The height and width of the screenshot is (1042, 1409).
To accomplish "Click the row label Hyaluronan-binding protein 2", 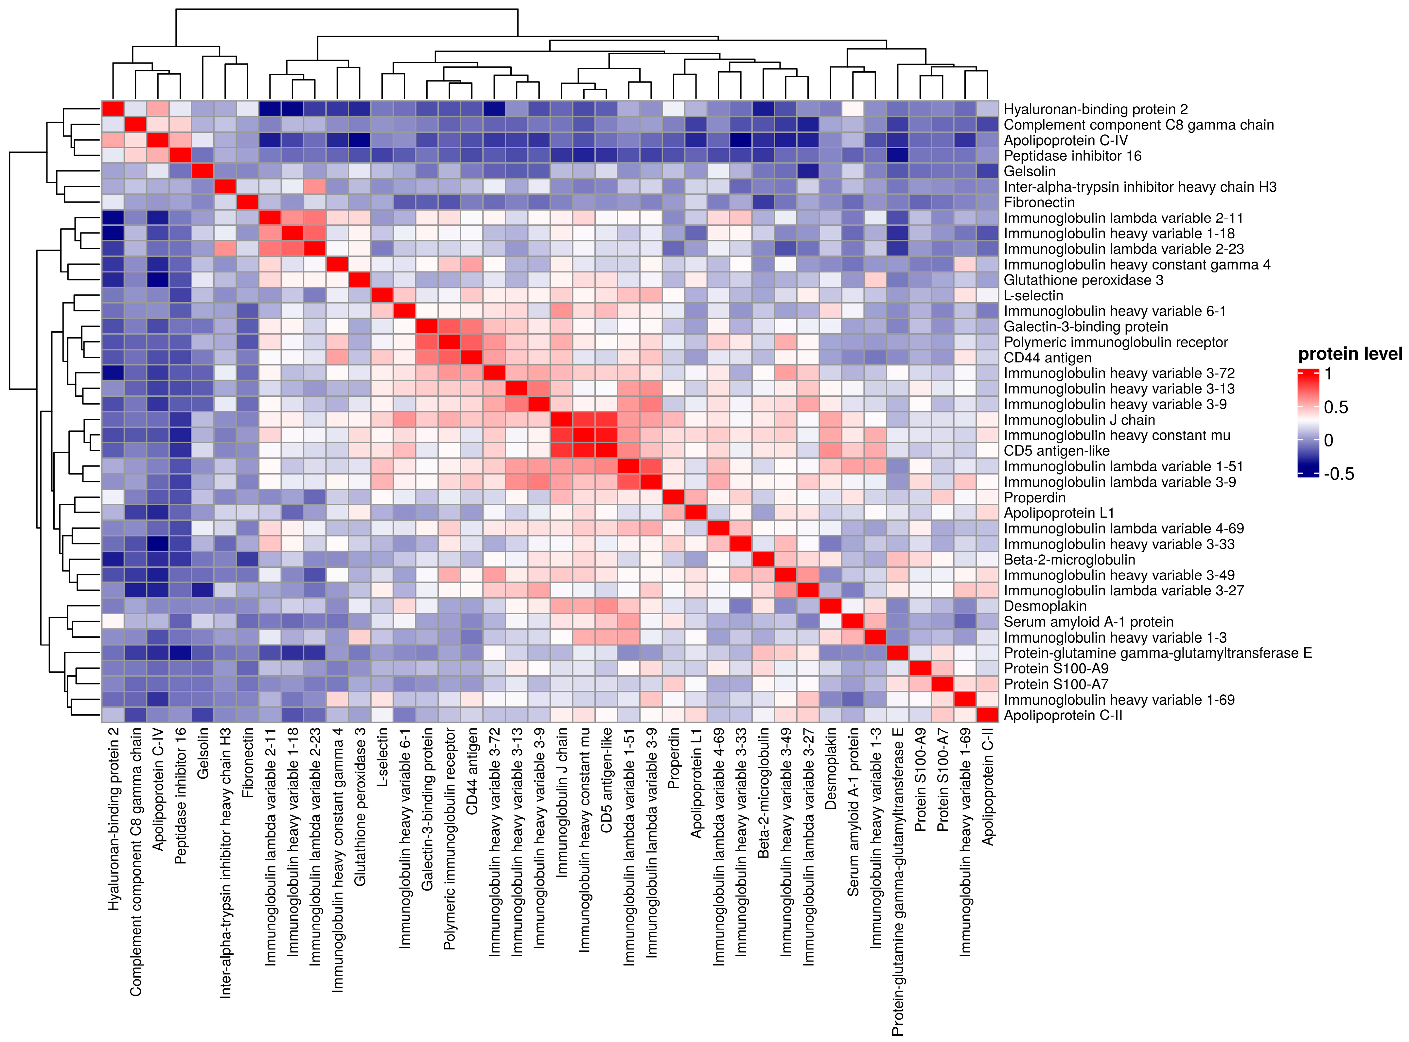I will point(1095,109).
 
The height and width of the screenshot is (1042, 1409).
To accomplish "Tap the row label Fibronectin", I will point(1039,202).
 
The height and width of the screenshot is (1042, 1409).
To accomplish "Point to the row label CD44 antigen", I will point(1048,358).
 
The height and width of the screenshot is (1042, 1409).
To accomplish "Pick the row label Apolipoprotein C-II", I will point(1063,715).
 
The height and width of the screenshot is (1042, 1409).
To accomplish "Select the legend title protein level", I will point(1350,354).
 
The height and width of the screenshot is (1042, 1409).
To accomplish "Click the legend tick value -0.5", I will point(1338,474).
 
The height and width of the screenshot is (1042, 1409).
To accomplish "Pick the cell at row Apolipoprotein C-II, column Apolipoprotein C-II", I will point(987,715).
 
